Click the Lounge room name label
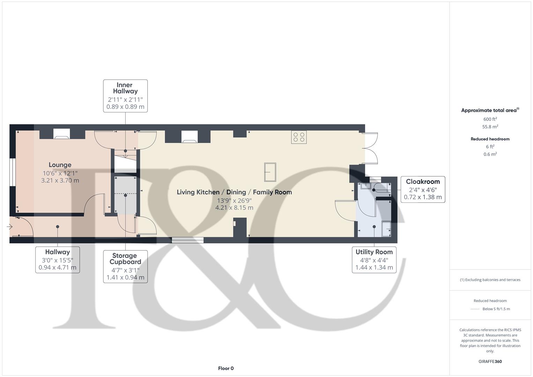tap(60, 165)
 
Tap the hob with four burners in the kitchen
tap(299, 137)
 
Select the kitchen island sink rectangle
tap(270, 172)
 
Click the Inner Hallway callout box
tap(125, 96)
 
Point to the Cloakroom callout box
tap(423, 189)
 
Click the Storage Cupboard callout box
tap(125, 266)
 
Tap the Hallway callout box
tap(58, 260)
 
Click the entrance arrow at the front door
tap(9, 227)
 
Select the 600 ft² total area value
tap(490, 119)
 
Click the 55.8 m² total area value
tap(490, 127)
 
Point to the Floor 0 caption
tap(226, 368)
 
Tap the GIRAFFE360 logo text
tap(490, 362)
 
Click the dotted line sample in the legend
tap(475, 309)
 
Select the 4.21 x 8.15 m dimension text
tap(234, 208)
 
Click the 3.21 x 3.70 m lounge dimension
tap(60, 180)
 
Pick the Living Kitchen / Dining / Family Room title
tap(234, 192)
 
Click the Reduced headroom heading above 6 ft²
tap(490, 139)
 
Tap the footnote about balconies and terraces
tap(490, 280)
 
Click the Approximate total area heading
tap(489, 110)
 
